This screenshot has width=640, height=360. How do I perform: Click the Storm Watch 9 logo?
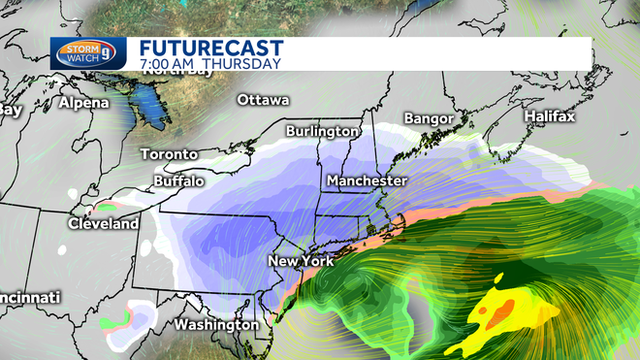coord(89,52)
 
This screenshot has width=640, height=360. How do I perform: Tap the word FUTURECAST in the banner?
coord(210,48)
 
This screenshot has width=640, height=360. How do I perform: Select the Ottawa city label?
coord(263,100)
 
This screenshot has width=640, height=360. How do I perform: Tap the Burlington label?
coord(323,131)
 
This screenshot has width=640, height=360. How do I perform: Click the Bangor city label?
coord(429,118)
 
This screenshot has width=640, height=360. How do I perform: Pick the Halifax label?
coord(549,116)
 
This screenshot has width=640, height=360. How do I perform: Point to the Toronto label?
coord(169,154)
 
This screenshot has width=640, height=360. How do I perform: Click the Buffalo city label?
coord(178,180)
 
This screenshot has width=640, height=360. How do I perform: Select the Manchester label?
coord(367,181)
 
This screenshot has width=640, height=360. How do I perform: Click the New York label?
coord(300,262)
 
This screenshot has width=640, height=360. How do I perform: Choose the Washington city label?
coord(216,324)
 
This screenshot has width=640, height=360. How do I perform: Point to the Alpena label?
coord(84,102)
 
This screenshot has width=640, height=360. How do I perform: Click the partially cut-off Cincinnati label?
coord(29,296)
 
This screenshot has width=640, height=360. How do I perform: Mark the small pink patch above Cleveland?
coord(105,207)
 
